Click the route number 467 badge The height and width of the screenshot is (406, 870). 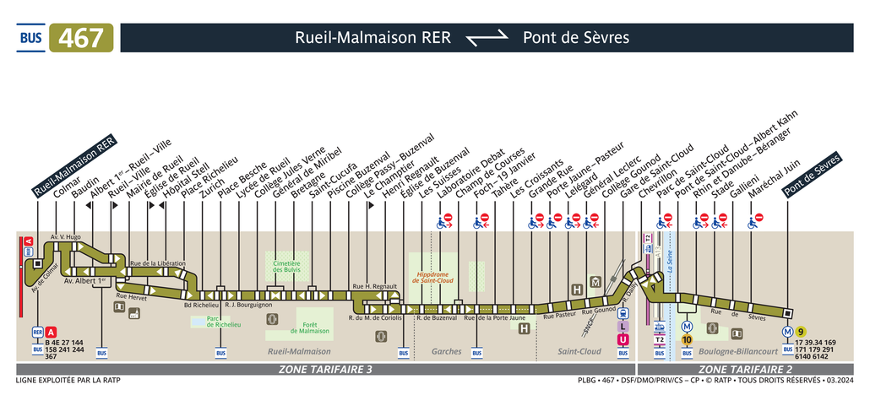click(x=82, y=38)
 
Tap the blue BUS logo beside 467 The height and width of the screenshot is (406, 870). click(x=31, y=38)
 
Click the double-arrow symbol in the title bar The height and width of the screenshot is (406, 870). click(x=487, y=37)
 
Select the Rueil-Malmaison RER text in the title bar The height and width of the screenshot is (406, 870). click(x=372, y=38)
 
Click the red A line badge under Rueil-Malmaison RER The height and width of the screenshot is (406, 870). click(x=52, y=332)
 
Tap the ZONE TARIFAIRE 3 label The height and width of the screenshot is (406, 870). click(x=325, y=370)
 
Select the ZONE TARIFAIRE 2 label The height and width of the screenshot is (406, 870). click(x=744, y=370)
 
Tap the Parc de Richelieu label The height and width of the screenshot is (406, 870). click(x=223, y=322)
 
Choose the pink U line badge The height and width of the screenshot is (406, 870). click(x=623, y=339)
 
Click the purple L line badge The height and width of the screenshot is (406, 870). click(x=623, y=326)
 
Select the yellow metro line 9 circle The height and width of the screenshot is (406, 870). click(x=802, y=332)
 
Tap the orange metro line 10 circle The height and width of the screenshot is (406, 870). click(x=687, y=339)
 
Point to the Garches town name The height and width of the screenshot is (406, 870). click(x=446, y=351)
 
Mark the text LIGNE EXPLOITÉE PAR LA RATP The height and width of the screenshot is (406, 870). click(x=68, y=381)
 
